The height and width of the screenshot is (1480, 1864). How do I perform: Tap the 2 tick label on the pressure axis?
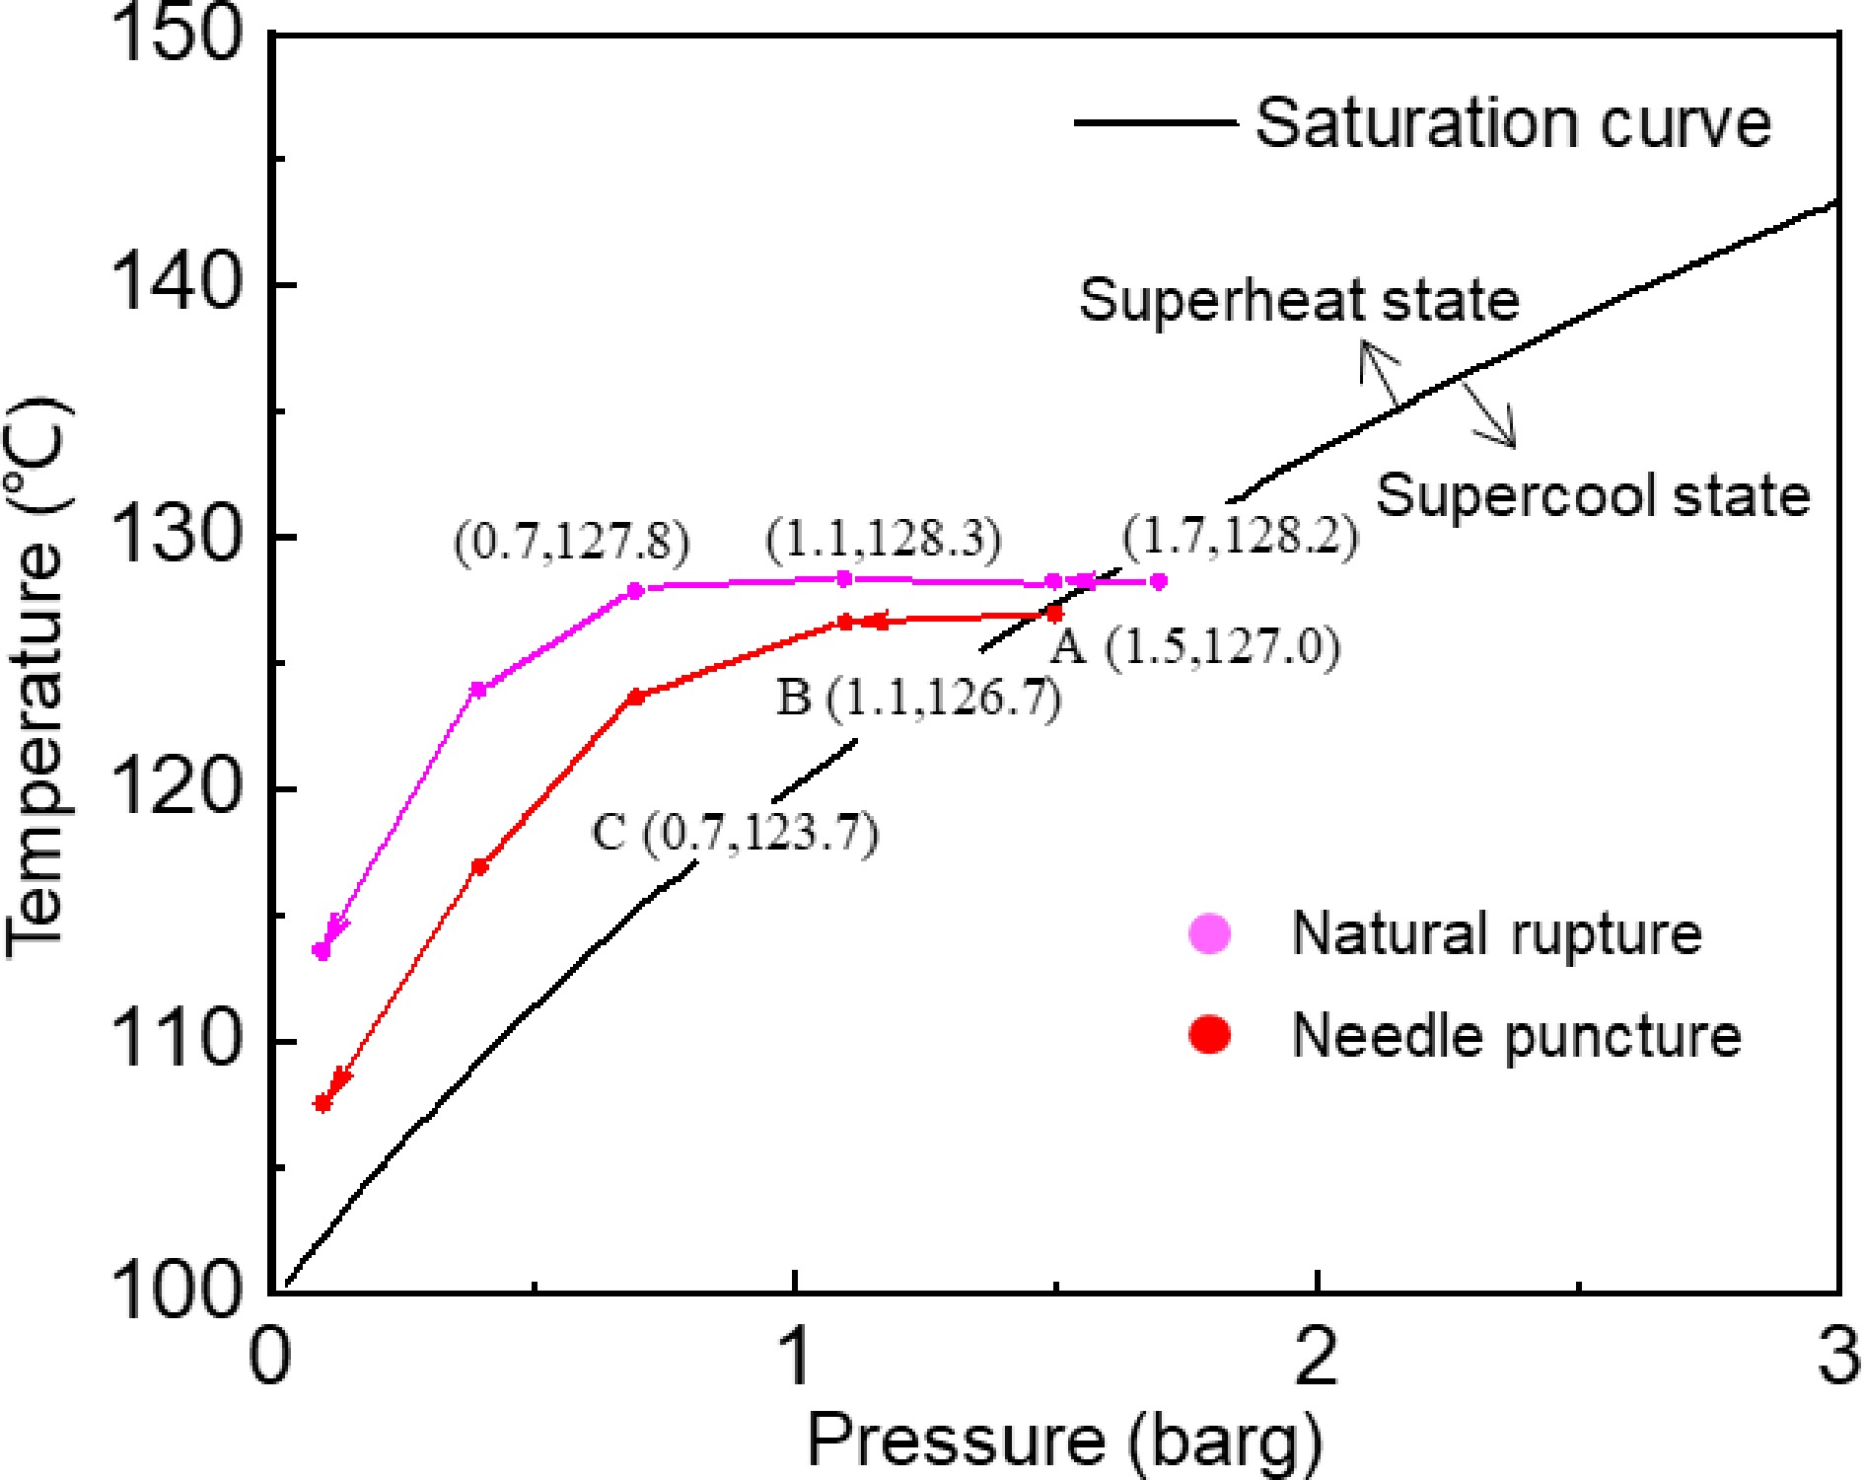(1317, 1355)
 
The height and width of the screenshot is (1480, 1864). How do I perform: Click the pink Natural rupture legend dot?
(1210, 932)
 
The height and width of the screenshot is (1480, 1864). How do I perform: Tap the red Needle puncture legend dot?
(1210, 1034)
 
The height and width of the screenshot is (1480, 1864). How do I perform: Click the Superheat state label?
(1299, 300)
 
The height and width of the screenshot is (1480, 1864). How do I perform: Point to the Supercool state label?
(1593, 495)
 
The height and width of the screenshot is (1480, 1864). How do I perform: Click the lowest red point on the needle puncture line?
(323, 1103)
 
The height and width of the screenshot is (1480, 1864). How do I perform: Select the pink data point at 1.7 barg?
(1159, 581)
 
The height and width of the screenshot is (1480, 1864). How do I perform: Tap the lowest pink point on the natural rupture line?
(322, 951)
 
